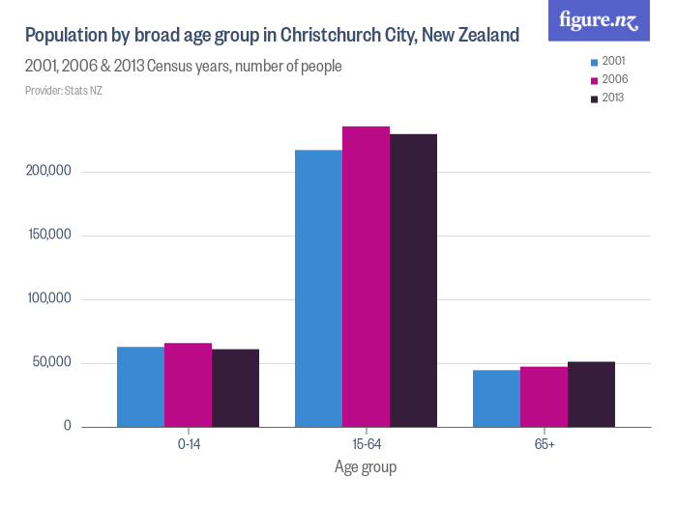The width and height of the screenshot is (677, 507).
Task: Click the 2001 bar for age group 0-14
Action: (x=140, y=386)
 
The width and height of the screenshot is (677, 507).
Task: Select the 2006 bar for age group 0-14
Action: (x=188, y=384)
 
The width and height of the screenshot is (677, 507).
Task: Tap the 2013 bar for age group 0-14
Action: (x=236, y=387)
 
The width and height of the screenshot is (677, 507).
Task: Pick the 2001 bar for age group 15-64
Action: (x=318, y=288)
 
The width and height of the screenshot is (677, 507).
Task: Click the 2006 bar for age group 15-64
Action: (x=366, y=276)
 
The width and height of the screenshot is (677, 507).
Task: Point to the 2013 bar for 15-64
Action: (x=413, y=280)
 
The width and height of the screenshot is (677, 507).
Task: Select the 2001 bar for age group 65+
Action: (x=496, y=398)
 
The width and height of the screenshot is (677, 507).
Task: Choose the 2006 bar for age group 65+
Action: (x=544, y=396)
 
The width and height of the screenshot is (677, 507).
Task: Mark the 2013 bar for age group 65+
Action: (x=591, y=394)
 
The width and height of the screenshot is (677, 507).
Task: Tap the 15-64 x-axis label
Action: (x=366, y=444)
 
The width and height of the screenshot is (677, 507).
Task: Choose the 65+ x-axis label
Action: (x=544, y=444)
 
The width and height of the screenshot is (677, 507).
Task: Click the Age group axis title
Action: (x=366, y=467)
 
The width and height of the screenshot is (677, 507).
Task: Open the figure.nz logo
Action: (x=599, y=20)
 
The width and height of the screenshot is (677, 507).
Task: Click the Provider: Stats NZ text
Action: (x=64, y=91)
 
